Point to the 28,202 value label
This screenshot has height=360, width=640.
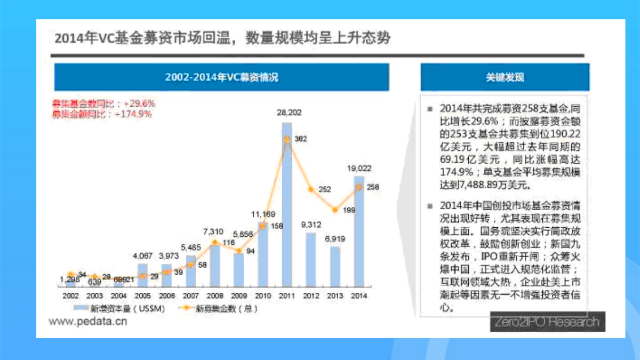coord(289,113)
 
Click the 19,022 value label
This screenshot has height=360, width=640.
coord(359,168)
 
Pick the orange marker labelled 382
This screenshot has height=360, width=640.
coord(287,139)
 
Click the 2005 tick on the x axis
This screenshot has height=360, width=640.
coord(142,295)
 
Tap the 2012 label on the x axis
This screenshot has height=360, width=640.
coord(311,295)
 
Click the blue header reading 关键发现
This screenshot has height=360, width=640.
coord(505,77)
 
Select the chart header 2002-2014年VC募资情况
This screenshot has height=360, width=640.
coord(221,77)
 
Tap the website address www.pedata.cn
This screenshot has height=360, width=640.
coord(88,322)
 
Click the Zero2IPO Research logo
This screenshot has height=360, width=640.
coord(546,322)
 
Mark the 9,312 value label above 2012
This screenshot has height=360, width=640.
coord(311,225)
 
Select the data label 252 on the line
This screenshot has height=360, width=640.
coord(325,189)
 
